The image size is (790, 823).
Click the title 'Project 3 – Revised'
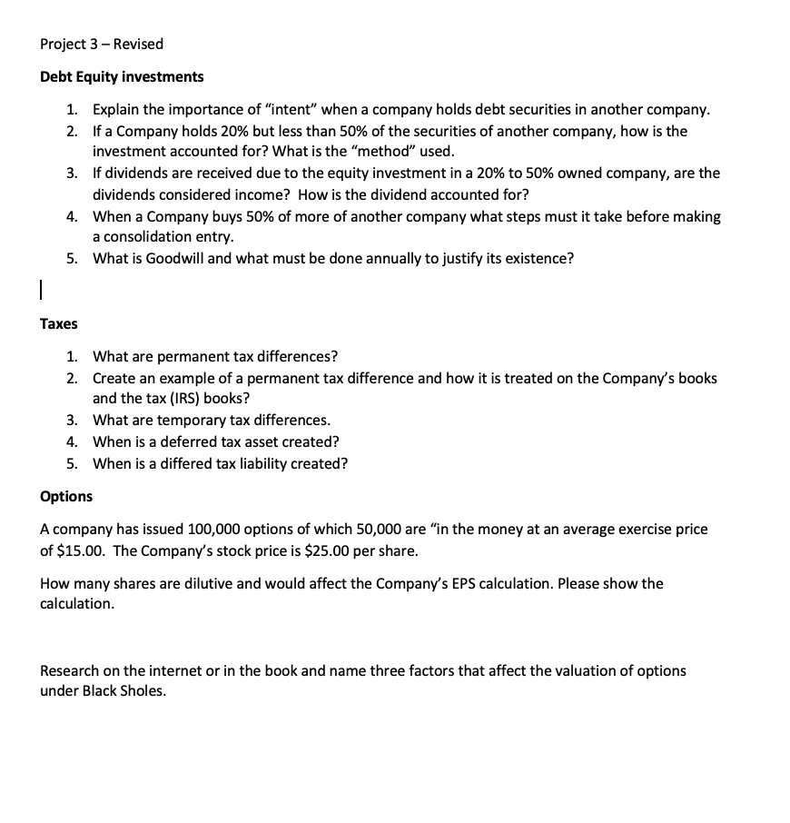[102, 44]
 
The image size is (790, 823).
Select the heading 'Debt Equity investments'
[122, 76]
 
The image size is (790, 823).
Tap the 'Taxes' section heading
[59, 323]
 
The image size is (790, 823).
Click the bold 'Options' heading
[66, 496]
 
